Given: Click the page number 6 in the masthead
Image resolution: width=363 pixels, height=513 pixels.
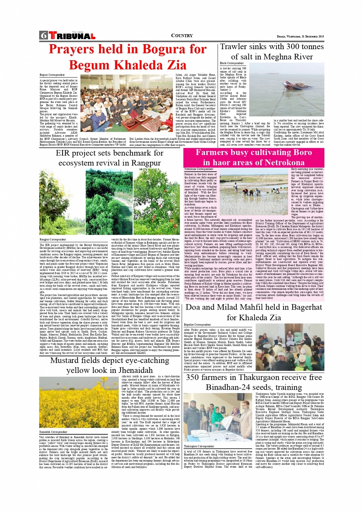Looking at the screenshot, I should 43,35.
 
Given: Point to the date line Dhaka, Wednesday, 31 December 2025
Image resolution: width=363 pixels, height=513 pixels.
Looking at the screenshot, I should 300,36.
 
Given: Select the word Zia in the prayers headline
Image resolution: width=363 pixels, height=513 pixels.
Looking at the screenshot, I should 173,65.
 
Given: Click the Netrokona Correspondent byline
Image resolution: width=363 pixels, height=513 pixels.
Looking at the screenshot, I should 199,169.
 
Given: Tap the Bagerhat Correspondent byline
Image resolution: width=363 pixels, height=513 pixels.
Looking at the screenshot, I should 197,324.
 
